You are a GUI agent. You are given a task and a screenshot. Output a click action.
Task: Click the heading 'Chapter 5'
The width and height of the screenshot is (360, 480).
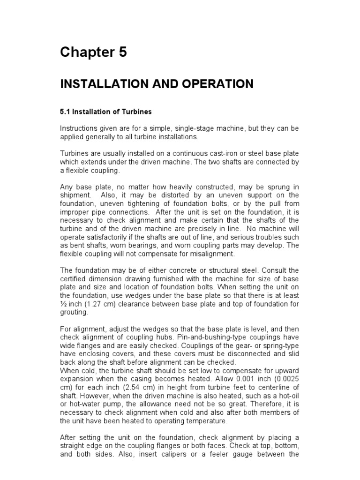tap(93, 53)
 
